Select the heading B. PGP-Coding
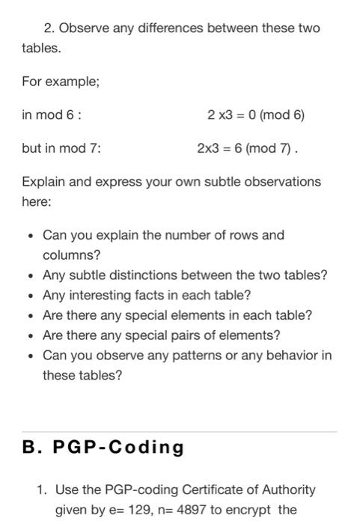[103, 447]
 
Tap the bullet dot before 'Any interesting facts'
[28, 295]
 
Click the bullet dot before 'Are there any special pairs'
[28, 335]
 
